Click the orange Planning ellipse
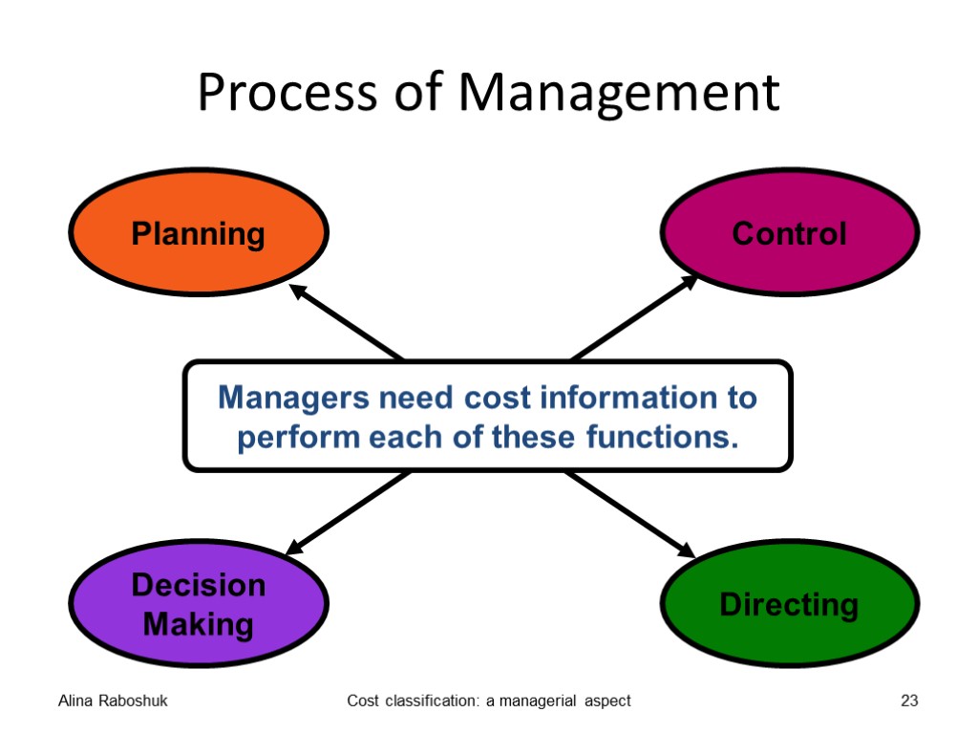coord(199,234)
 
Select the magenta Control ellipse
coord(789,233)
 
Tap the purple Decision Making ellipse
coord(199,604)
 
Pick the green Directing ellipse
coord(789,604)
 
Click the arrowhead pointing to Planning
coord(298,291)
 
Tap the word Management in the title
coord(618,94)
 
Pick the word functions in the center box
coord(662,439)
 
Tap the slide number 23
coord(909,702)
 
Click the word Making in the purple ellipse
coord(199,625)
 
